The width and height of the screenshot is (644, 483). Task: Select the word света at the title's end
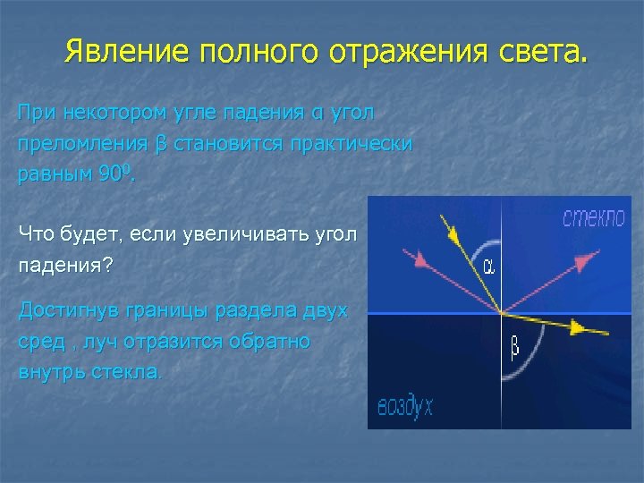(x=546, y=51)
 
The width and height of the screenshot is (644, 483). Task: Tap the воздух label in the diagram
(x=405, y=407)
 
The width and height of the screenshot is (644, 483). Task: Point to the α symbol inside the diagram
(x=489, y=267)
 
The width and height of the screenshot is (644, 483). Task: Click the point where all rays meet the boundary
(x=503, y=313)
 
